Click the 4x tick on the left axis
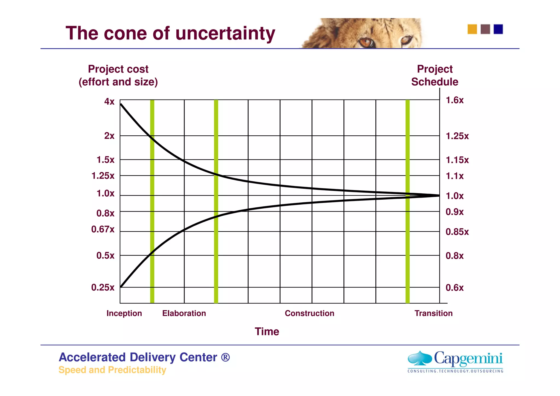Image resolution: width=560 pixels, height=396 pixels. pos(109,101)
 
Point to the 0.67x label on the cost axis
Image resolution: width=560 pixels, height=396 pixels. pos(103,229)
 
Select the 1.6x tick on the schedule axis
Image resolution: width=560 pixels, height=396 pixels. pos(454,100)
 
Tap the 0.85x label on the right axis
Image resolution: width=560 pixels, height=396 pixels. pos(457,232)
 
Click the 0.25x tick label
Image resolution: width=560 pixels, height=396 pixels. pos(103,287)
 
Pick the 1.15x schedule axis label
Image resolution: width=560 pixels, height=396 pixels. pos(457,160)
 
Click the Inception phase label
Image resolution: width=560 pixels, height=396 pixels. pos(124,313)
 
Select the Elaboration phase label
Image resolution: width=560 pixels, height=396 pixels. pos(184,313)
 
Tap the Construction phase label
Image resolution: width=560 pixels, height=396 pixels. pos(309,313)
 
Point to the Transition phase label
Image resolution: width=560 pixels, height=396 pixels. pos(433,313)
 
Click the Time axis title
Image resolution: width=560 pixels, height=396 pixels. pos(267,331)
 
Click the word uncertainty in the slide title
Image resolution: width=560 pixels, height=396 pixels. pos(225,33)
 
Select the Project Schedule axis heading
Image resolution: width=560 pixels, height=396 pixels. pos(434,75)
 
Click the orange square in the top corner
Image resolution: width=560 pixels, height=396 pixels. pos(472,29)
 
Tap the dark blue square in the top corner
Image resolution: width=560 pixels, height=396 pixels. pos(498,29)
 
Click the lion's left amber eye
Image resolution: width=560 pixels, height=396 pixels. pos(366,43)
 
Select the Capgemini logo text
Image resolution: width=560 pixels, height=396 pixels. pos(468,359)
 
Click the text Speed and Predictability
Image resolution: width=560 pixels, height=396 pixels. pos(112,370)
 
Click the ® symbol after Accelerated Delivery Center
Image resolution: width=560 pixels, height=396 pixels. pos(225,357)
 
